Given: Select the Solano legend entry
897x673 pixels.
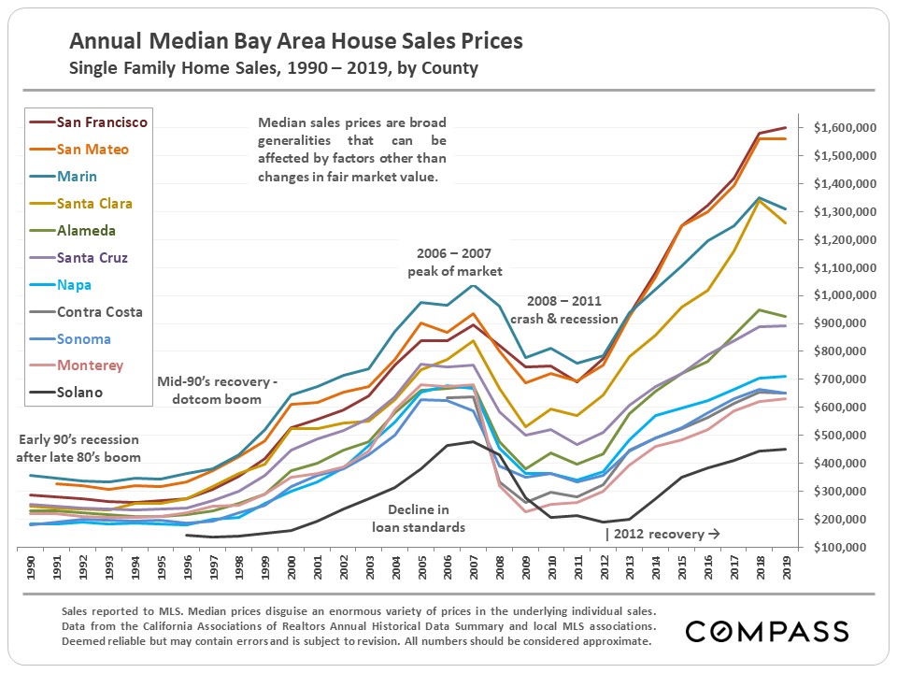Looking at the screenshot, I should pos(79,393).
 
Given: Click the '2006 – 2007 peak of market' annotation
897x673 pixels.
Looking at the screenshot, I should pos(455,263).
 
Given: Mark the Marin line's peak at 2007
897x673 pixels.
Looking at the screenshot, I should pos(474,285).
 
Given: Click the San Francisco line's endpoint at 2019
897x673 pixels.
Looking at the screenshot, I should pos(784,127).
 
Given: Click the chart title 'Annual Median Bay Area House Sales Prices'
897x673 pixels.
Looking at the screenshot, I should pos(296,42).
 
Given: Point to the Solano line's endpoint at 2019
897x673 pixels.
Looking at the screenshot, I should pos(784,449).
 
